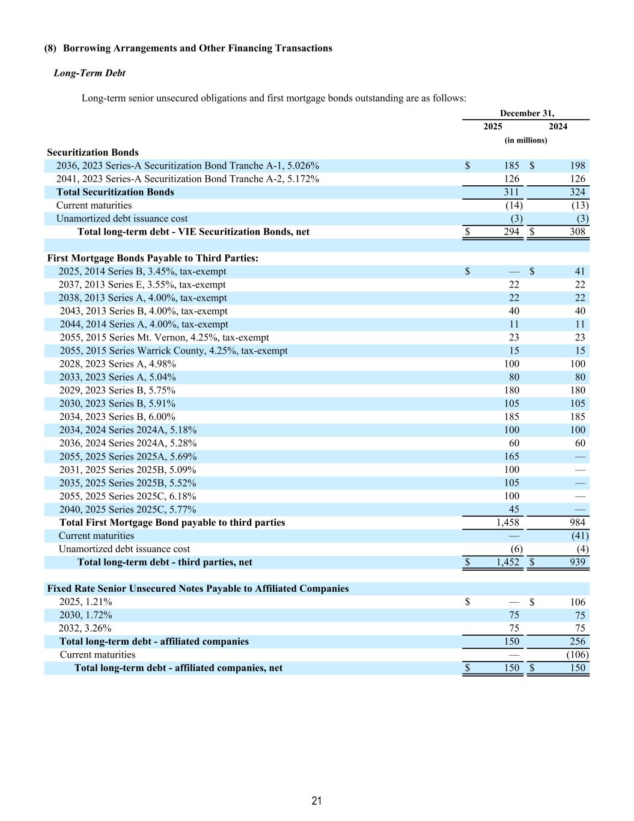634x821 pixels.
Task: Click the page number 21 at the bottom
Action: (x=317, y=801)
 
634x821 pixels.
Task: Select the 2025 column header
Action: (x=493, y=126)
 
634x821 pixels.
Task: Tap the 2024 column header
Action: (x=558, y=126)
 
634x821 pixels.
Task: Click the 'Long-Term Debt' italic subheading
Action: (x=90, y=73)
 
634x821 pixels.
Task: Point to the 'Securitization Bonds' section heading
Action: (x=93, y=152)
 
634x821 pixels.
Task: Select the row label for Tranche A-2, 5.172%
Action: (x=187, y=179)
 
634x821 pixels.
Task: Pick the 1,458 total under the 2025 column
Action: (x=508, y=522)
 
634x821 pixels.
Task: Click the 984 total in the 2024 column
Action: (x=577, y=522)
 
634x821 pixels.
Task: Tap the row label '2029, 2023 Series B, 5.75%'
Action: (x=117, y=390)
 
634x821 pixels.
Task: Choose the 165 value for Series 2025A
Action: (x=511, y=457)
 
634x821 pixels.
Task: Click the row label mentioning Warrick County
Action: (x=173, y=351)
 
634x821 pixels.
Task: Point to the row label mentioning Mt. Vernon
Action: (x=164, y=337)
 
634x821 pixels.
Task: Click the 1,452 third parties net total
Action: (x=508, y=562)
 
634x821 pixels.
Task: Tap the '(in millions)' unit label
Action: (x=526, y=140)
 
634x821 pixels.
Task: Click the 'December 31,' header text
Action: (x=527, y=113)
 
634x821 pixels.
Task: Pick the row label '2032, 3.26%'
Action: (x=85, y=628)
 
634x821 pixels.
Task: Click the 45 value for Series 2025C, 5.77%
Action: (x=514, y=509)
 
